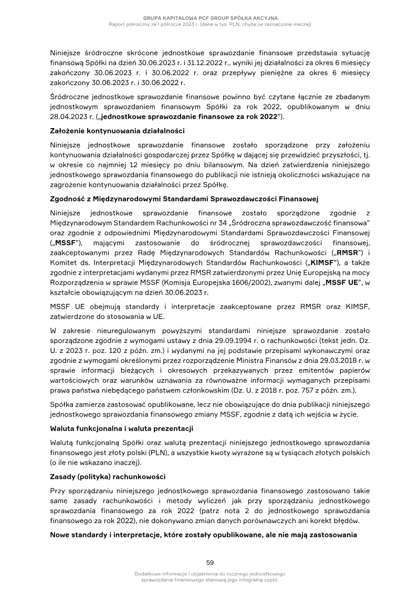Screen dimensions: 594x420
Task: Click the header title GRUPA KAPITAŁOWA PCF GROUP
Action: pos(210,17)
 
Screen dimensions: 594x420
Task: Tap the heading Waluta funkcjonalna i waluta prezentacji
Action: pos(122,429)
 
